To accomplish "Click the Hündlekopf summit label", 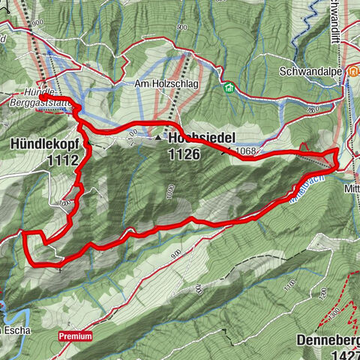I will (45, 143).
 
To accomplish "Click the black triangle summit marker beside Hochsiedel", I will (158, 138).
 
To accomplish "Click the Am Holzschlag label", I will (166, 84).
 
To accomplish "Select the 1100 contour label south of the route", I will (287, 285).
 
